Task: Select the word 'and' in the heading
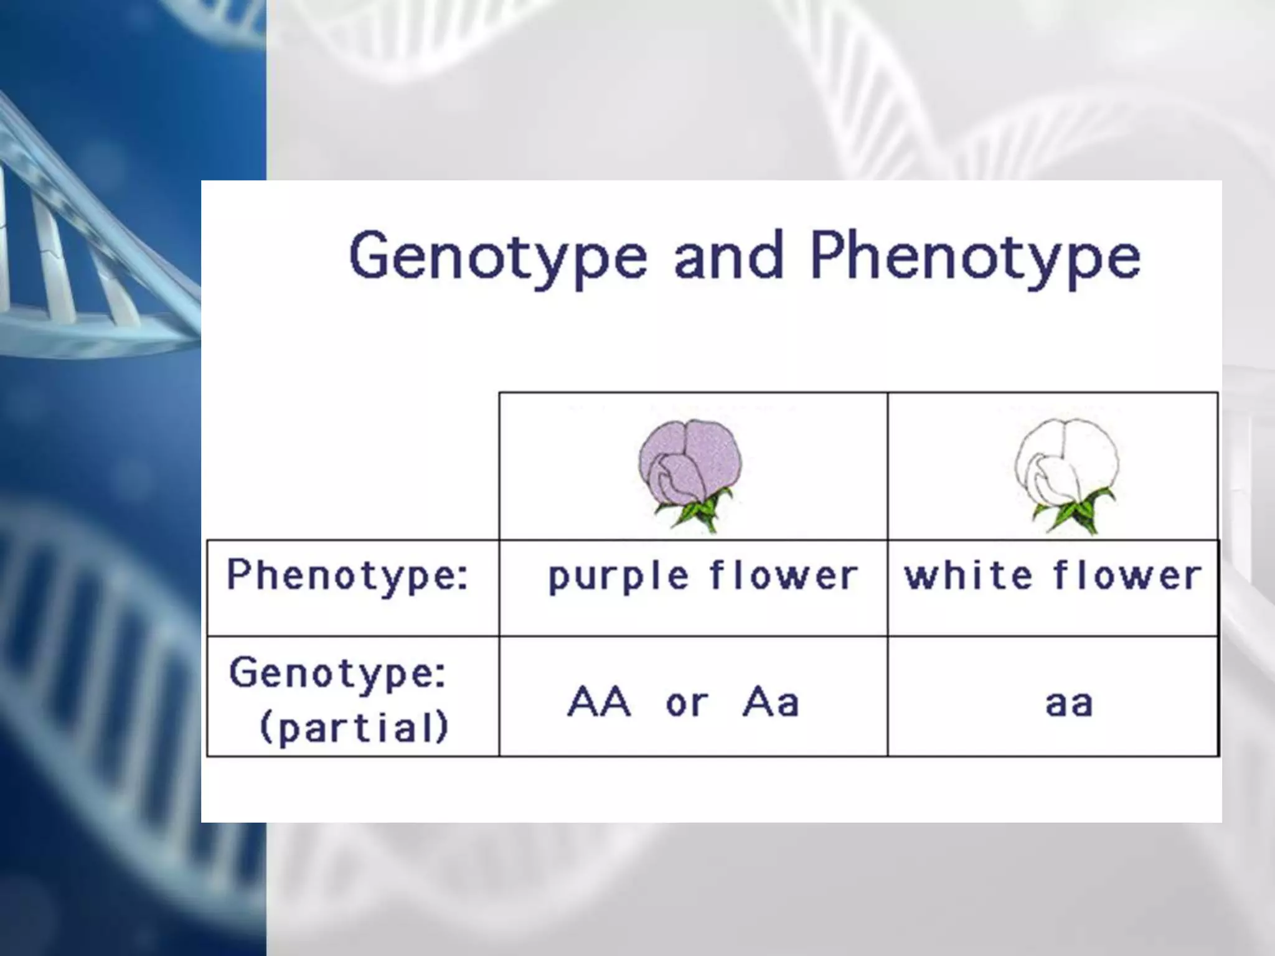728,255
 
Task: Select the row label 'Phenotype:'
347,576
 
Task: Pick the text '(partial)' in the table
354,727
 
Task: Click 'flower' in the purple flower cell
784,576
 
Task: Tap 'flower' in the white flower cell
1127,576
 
